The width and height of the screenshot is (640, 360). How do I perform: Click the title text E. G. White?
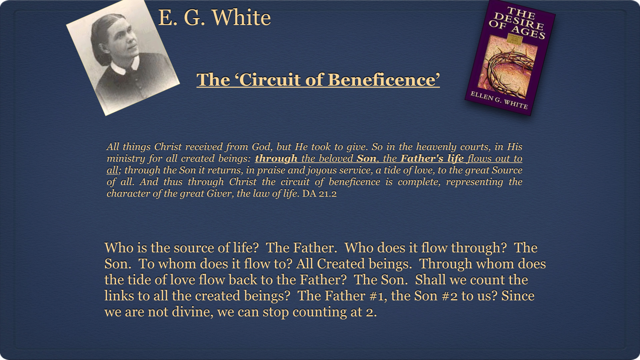[x=214, y=17]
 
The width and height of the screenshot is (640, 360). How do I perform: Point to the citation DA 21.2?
[x=319, y=193]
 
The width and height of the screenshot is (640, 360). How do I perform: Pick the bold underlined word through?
[x=276, y=158]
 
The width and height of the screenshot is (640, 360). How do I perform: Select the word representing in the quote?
[x=474, y=182]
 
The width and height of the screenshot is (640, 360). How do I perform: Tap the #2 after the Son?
[x=450, y=296]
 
